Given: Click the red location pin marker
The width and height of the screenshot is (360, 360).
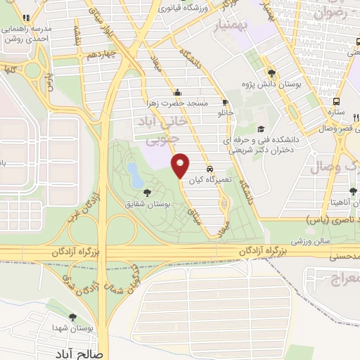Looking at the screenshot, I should point(181,165).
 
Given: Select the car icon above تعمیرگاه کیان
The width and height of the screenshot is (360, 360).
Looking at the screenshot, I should point(210,169).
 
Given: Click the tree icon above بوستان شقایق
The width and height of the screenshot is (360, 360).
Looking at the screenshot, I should point(146,192).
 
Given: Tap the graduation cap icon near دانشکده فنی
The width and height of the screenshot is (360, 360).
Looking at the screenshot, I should point(262,129).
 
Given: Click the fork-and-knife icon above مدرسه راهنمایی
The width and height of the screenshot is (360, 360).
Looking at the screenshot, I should point(26,18).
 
